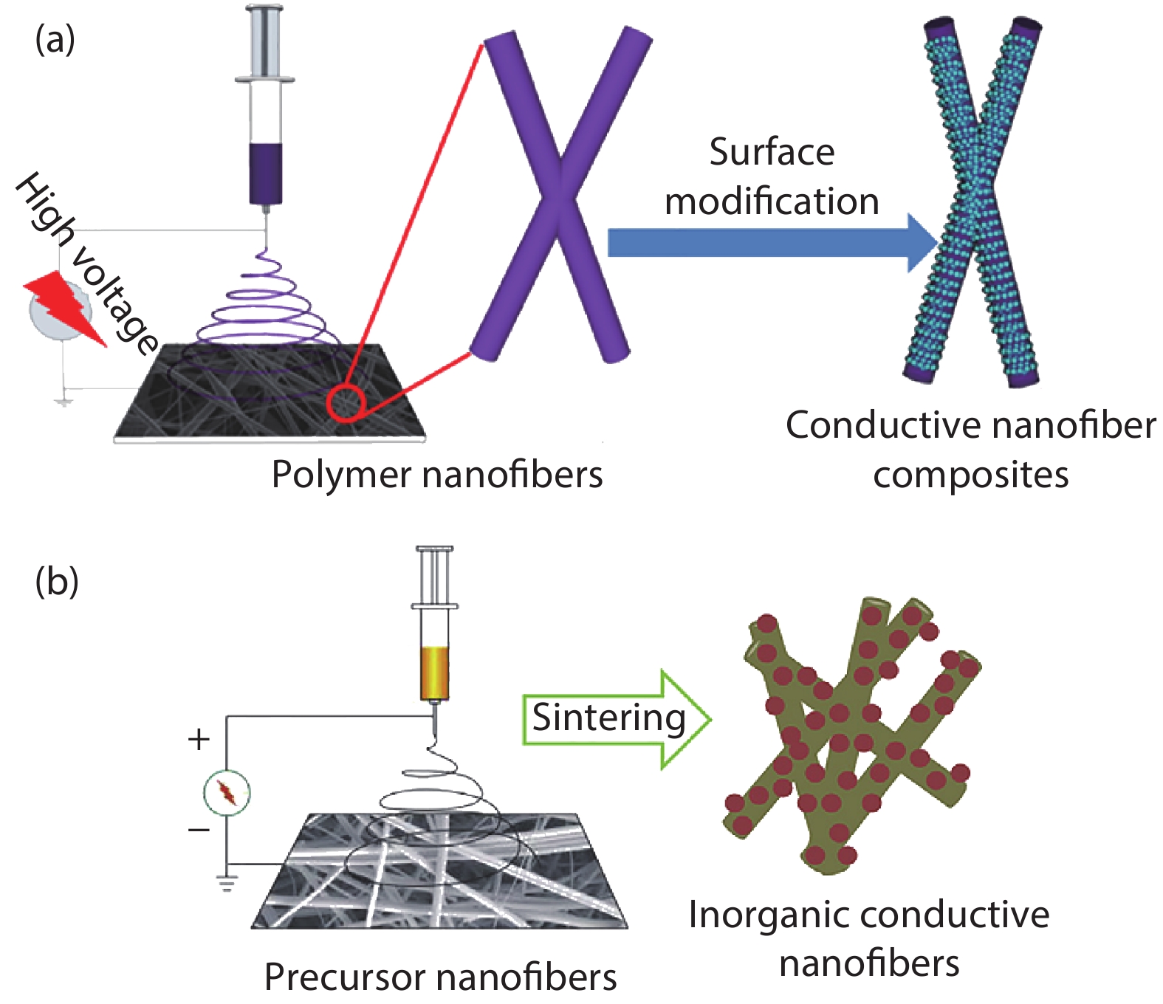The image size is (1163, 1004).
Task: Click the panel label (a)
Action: click(x=55, y=40)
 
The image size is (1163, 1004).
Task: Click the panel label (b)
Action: click(x=57, y=582)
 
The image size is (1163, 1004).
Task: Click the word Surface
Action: click(x=772, y=152)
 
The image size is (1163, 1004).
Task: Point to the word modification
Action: click(x=772, y=202)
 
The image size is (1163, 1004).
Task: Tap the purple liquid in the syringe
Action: click(x=265, y=173)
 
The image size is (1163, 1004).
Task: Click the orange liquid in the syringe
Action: click(x=435, y=673)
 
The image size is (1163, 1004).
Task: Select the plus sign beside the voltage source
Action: click(x=199, y=739)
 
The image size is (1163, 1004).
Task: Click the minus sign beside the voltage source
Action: click(x=199, y=830)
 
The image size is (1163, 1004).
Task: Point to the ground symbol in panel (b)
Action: click(x=227, y=881)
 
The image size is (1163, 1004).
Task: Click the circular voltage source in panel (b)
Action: click(x=227, y=793)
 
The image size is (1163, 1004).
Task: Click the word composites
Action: click(x=970, y=475)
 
